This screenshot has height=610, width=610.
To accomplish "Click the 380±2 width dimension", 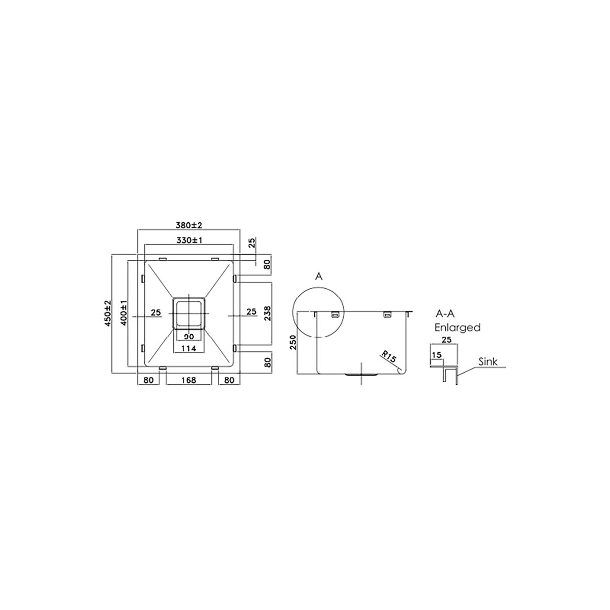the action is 189,225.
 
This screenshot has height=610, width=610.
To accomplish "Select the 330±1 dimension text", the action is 189,240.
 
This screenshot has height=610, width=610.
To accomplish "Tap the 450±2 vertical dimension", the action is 108,314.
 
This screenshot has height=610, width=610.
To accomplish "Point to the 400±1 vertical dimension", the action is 123,313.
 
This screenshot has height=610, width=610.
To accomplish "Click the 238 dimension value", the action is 268,314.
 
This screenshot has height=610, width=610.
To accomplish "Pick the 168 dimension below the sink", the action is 189,380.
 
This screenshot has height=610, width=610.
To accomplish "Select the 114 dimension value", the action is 189,349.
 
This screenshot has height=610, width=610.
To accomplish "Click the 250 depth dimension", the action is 293,342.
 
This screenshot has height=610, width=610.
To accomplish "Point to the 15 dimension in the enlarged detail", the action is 437,355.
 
